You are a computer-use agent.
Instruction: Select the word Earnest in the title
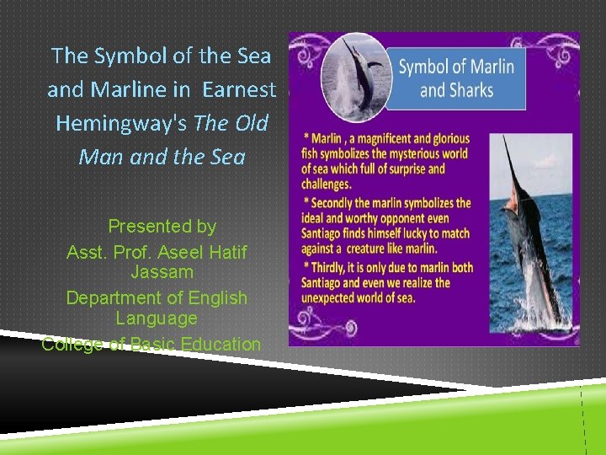(x=240, y=89)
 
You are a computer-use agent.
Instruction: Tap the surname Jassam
(x=162, y=272)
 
